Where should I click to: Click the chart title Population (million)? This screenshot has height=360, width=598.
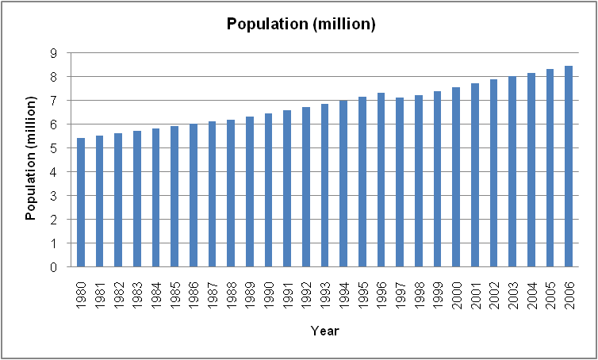click(301, 24)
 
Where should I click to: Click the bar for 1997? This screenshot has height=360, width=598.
click(400, 182)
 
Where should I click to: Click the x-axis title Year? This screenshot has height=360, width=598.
click(324, 330)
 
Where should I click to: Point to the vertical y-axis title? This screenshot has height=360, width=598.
click(32, 159)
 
